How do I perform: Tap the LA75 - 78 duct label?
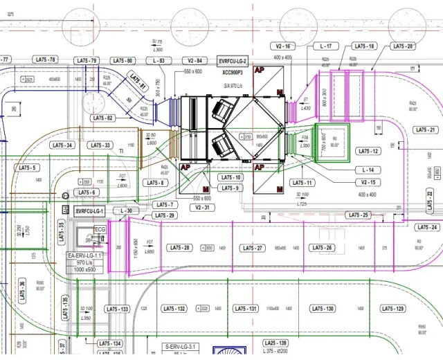pos(43,60)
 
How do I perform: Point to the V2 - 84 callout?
pos(194,61)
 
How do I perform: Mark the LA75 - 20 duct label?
pos(402,46)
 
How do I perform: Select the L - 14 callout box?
pos(368,170)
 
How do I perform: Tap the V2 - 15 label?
pos(368,182)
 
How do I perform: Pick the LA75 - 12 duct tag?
pos(367,151)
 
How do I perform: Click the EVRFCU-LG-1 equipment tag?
pos(89,210)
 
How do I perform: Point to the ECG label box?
pos(100,229)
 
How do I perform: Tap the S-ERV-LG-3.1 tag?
pos(181,345)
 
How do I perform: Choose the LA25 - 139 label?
pos(275,343)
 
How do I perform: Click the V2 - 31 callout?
pos(202,207)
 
